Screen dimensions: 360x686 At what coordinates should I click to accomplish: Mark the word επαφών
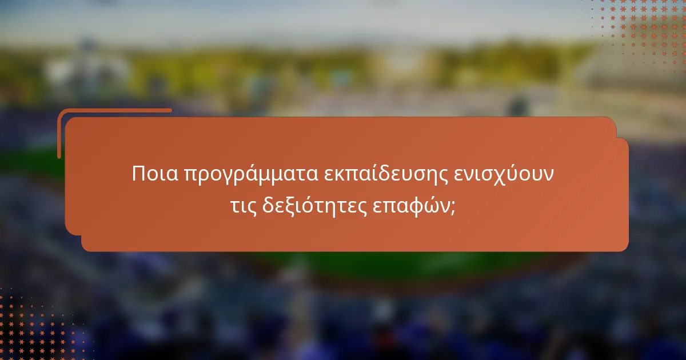[411, 207]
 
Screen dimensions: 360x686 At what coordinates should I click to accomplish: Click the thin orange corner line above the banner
[114, 110]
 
